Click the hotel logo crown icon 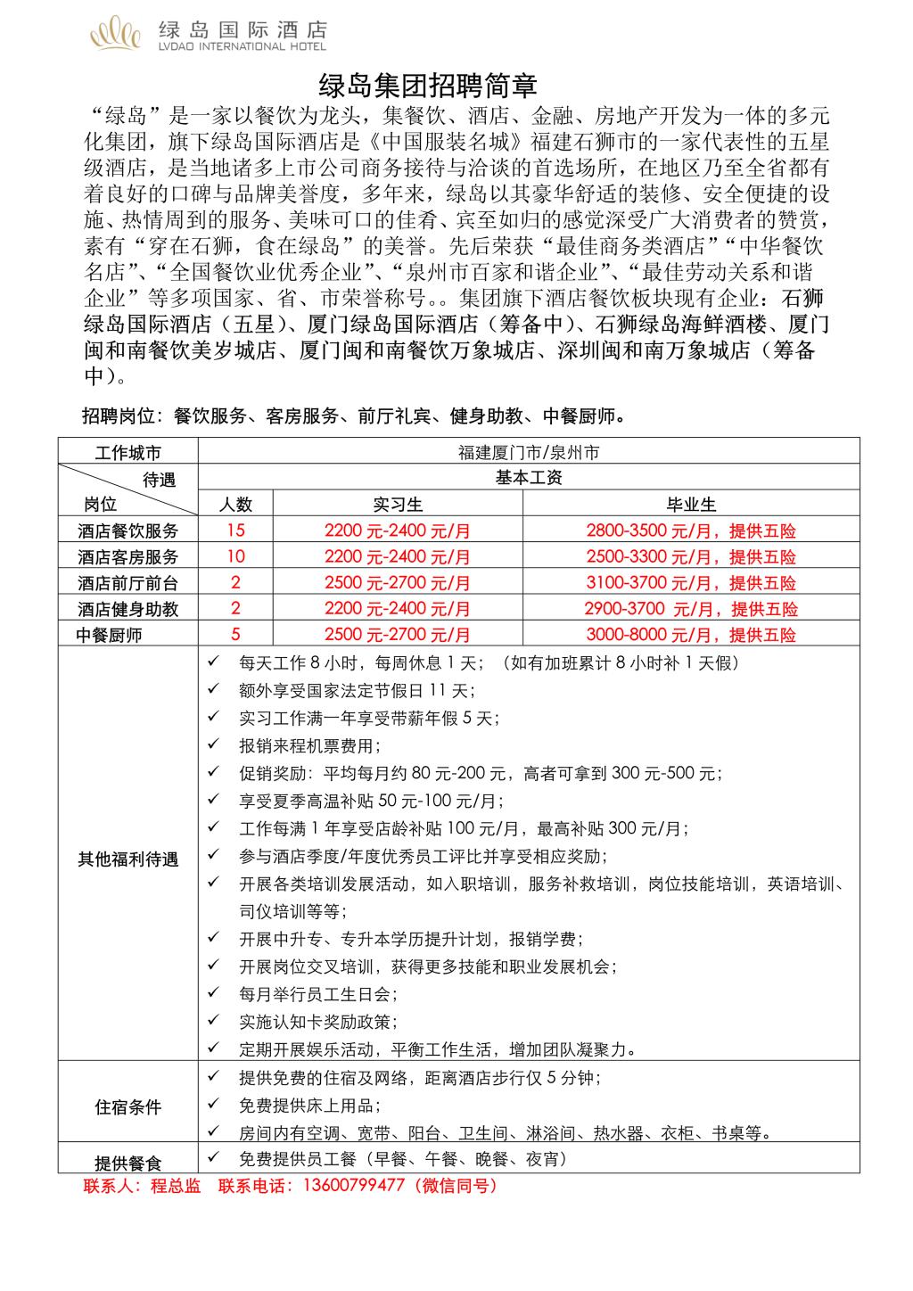tap(116, 34)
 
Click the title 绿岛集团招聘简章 tap(428, 86)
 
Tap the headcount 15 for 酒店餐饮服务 tap(235, 530)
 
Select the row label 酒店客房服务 tap(127, 557)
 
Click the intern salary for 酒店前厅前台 tap(397, 583)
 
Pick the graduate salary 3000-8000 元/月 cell tap(691, 635)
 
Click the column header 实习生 tap(397, 505)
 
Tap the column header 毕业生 tap(691, 505)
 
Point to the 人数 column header tap(235, 505)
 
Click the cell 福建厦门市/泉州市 tap(528, 452)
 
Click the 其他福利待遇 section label tap(127, 859)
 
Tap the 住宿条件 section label tap(127, 1107)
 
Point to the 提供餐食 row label tap(127, 1163)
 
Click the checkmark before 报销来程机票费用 tap(213, 744)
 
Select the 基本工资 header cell tap(528, 478)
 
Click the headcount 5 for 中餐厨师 tap(235, 635)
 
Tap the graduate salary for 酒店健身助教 tap(691, 609)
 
